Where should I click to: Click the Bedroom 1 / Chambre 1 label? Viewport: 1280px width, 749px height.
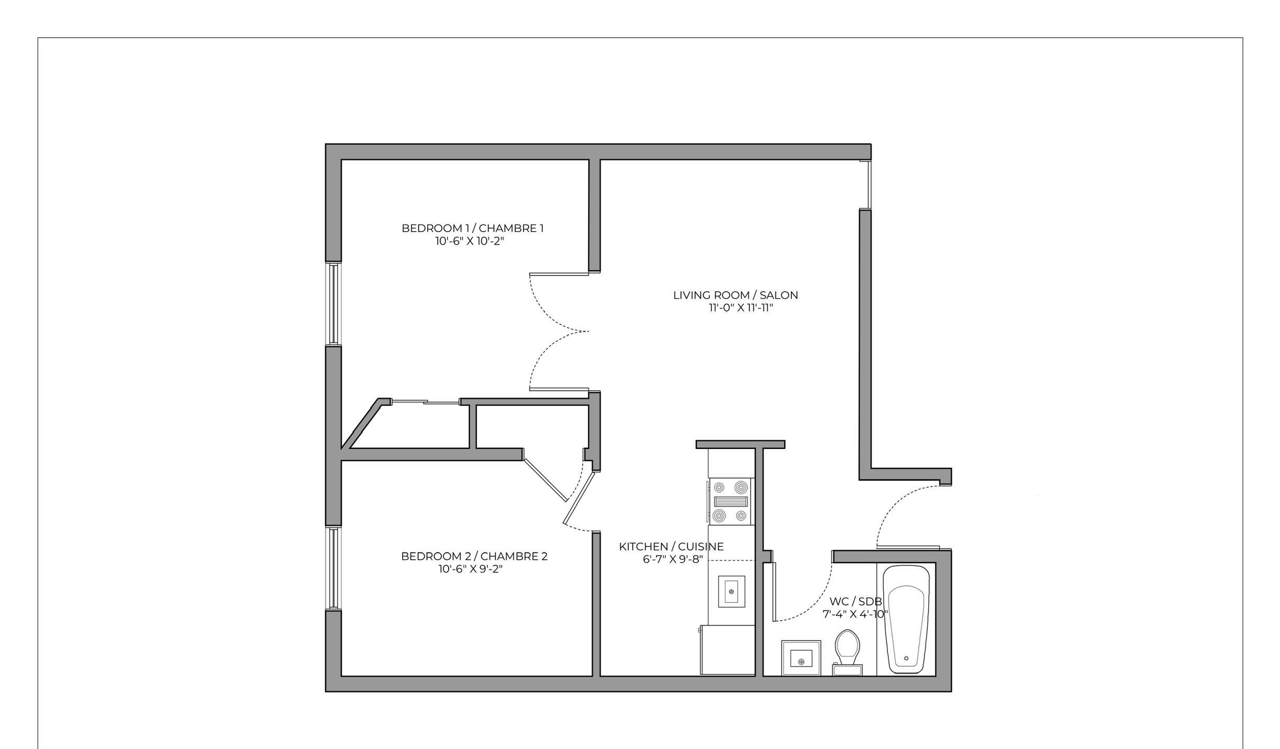pos(472,228)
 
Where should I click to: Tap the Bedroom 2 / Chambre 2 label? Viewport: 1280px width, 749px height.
pos(474,556)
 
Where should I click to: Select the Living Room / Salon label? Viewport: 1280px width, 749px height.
pos(735,295)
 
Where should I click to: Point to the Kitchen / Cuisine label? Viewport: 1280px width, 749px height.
pos(671,547)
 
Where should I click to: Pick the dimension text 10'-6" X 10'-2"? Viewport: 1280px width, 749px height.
pos(469,241)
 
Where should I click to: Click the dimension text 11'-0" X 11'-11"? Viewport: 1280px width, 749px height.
pos(741,308)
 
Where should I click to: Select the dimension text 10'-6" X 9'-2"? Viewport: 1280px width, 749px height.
pos(470,569)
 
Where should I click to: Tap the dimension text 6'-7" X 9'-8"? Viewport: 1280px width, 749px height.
pos(672,559)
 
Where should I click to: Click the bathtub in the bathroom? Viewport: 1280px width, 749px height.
pos(906,619)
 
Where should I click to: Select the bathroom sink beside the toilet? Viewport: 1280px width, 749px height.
pos(801,658)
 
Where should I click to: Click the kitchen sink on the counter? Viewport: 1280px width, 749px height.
pos(731,591)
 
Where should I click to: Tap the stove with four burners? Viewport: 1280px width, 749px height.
pos(730,501)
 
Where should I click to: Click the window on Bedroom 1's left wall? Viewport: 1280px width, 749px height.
pos(333,304)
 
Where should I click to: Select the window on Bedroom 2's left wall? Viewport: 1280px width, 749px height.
pos(333,568)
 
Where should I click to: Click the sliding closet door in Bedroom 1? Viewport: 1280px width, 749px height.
pos(425,402)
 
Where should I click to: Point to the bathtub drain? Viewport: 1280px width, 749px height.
pos(906,659)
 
